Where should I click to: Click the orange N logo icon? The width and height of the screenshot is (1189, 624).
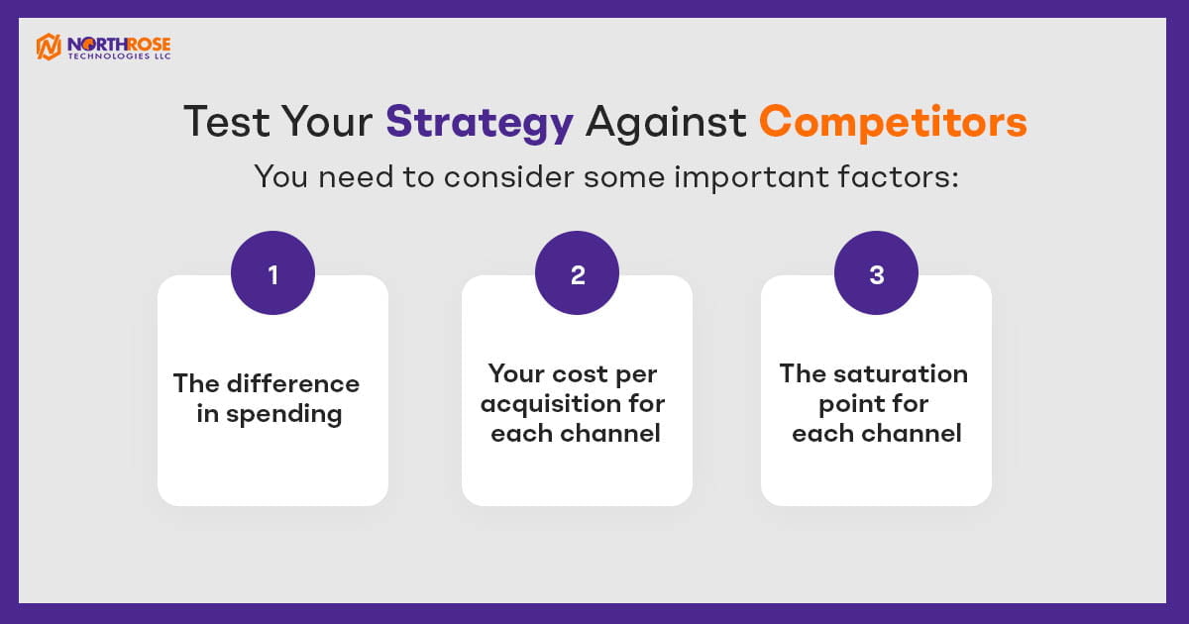pos(49,47)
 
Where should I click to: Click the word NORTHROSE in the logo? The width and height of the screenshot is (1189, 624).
pos(119,44)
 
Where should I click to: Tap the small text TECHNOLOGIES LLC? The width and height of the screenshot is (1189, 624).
pos(119,56)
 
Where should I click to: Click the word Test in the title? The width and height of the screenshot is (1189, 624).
pos(227,122)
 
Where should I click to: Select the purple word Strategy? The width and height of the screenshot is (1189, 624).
pos(480,124)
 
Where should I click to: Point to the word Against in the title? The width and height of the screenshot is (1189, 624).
pos(666,123)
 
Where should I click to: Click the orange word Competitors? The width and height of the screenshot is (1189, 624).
pos(893,123)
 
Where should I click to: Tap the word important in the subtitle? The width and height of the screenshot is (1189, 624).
pos(751,177)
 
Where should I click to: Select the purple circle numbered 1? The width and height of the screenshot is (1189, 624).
pos(272,272)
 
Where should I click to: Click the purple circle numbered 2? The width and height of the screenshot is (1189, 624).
pos(577,272)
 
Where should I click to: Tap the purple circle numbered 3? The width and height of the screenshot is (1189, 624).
pos(876,272)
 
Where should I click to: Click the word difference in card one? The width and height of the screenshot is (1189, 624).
pos(293,383)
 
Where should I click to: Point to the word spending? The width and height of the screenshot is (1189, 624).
pos(284,414)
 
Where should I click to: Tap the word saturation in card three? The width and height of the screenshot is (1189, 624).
pos(901,373)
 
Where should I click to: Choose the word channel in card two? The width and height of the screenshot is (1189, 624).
pos(610,433)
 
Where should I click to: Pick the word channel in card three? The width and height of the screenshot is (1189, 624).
pos(912,433)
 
